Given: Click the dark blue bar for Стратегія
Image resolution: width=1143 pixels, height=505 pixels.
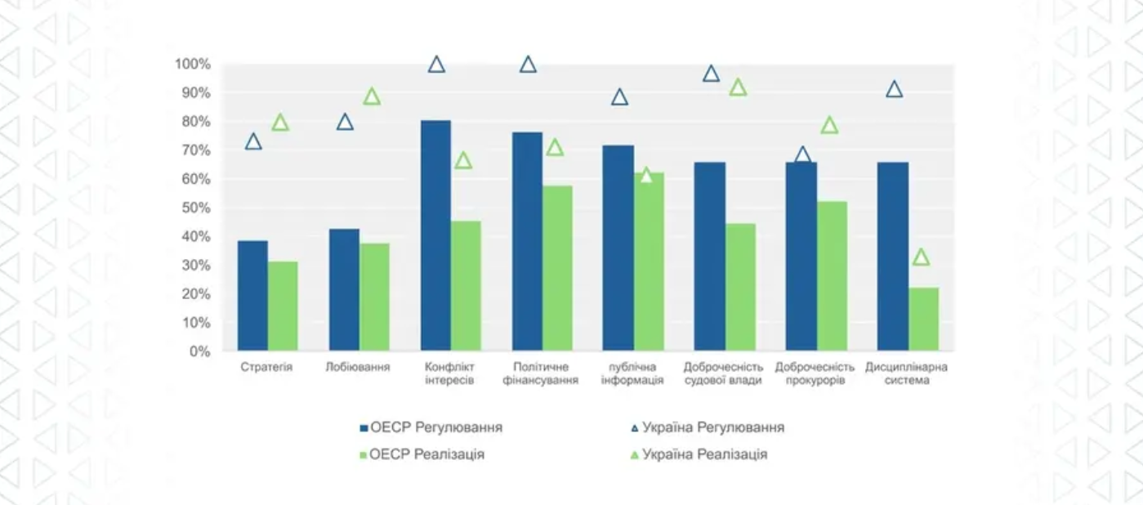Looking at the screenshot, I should pos(253,296).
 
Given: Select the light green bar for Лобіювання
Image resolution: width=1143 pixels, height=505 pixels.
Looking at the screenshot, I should pos(375,297).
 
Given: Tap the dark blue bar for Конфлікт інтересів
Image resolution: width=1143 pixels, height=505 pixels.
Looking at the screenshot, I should pos(435,236).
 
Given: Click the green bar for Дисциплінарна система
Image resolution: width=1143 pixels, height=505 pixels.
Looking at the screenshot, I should pos(924,320).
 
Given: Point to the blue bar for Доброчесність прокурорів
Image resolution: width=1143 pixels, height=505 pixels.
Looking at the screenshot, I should pos(801,257).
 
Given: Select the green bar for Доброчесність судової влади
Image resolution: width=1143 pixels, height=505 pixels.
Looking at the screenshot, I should pos(741,288).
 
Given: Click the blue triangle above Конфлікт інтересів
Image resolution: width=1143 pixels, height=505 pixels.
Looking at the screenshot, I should pos(436,65).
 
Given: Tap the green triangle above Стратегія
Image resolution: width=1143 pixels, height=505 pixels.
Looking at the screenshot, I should pos(280,123).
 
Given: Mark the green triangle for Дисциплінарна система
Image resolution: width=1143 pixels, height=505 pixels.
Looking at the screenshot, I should pos(921,257).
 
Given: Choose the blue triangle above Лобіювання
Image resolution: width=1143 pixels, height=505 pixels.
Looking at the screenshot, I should pos(345,123).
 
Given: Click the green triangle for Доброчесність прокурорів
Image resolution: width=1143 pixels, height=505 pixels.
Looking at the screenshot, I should pos(829,126).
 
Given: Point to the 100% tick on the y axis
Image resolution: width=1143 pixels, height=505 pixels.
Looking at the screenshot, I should pos(193,65).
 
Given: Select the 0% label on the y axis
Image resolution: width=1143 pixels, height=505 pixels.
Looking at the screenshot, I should pos(199,352).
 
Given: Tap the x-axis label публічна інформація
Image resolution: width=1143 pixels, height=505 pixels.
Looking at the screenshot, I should pos(632,373).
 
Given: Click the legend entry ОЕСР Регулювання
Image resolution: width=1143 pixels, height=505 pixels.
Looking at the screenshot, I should pos(431,427).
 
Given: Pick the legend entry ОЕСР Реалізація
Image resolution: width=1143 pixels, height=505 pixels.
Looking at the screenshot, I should pos(422,454).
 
